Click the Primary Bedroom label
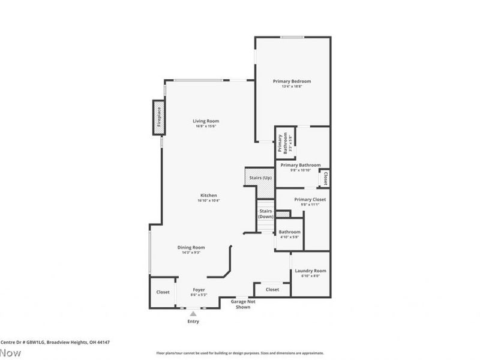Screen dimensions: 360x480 [x=292, y=81]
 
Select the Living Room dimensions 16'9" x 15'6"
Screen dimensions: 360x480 [x=205, y=127]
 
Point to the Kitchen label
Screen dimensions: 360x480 [x=208, y=196]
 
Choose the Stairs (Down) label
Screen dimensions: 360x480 [x=266, y=214]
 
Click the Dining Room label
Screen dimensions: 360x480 [x=191, y=247]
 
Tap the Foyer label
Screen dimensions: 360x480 [x=199, y=290]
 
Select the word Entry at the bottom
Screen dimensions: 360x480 [x=193, y=322]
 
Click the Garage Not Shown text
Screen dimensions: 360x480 [x=243, y=304]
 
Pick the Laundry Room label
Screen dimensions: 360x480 [x=310, y=271]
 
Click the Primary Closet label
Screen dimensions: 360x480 [x=310, y=200]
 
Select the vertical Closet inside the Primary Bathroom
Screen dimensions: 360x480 [x=325, y=178]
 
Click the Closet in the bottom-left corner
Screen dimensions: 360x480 [x=163, y=292]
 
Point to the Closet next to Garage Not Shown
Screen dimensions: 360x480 [x=272, y=289]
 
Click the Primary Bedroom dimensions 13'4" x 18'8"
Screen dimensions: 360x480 [x=292, y=86]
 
